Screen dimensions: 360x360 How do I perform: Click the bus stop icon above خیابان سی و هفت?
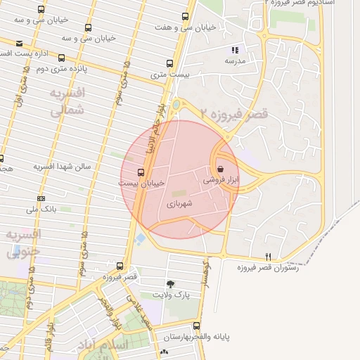pos(185,15)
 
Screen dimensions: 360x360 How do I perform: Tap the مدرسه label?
pos(234,61)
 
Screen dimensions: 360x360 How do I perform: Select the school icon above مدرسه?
pos(234,50)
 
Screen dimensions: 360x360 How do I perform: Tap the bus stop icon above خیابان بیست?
pos(141,172)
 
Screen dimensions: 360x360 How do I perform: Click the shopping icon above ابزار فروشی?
pos(221,169)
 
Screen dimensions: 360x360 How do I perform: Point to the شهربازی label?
pos(179,203)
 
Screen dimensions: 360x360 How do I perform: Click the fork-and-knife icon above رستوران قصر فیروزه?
pos(267,256)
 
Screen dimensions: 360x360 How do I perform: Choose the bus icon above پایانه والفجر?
pos(196,326)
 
